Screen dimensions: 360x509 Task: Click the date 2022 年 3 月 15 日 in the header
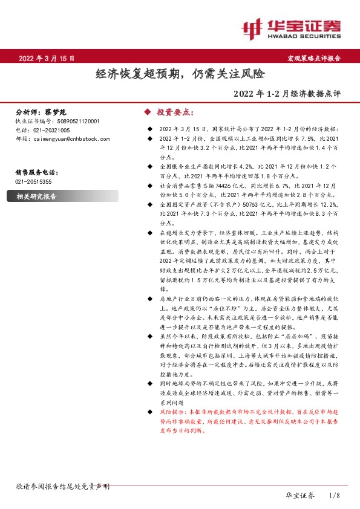click(x=47, y=59)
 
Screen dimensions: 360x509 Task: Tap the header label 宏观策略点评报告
click(x=313, y=59)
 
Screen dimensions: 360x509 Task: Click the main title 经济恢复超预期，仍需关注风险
click(x=180, y=74)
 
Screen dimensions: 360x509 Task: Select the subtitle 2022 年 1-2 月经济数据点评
click(x=290, y=94)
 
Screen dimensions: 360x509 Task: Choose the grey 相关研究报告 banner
click(x=36, y=196)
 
